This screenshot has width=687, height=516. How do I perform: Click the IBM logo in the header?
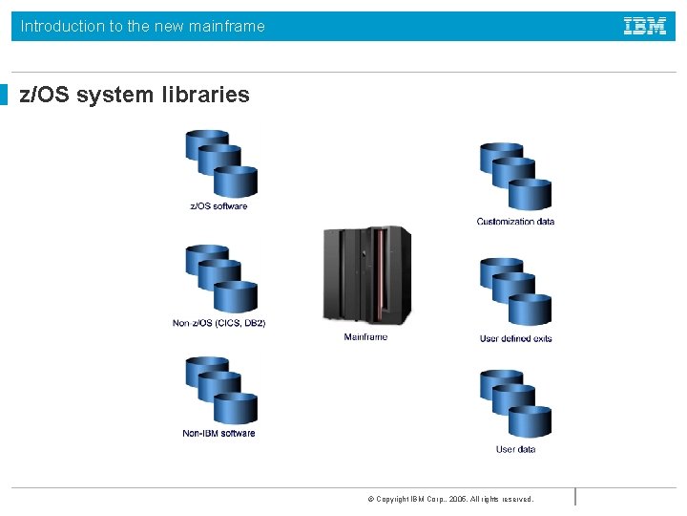click(645, 27)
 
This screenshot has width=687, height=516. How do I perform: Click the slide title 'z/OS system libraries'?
click(135, 96)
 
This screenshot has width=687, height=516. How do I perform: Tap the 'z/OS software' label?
click(219, 206)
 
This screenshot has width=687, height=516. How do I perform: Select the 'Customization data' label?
click(515, 222)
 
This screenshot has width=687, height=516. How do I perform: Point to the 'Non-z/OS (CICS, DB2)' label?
click(219, 323)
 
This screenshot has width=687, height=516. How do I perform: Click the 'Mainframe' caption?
click(365, 337)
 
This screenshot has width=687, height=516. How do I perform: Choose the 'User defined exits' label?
click(515, 338)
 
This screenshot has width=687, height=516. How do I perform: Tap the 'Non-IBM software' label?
click(219, 434)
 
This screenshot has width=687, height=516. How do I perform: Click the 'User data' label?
click(515, 449)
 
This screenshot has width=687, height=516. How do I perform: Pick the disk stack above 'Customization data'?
click(516, 177)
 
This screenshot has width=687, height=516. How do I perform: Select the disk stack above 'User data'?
click(516, 404)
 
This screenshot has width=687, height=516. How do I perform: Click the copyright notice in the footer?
click(450, 499)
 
